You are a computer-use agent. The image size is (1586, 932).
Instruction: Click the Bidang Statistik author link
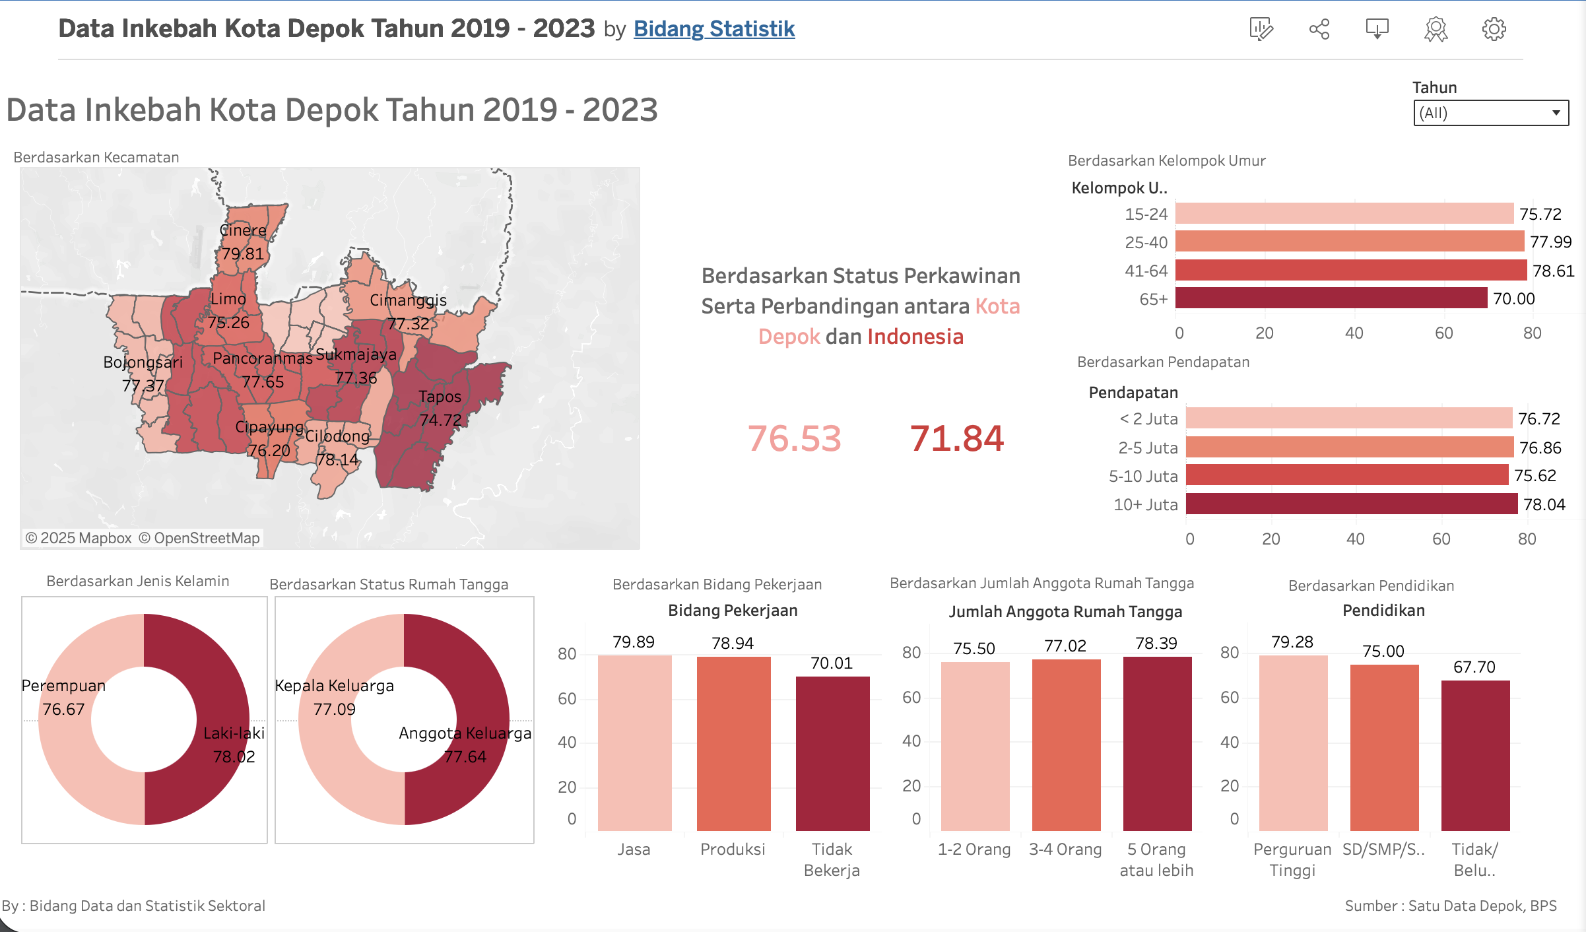click(x=713, y=29)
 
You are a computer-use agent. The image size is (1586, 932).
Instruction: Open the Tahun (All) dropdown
click(x=1490, y=113)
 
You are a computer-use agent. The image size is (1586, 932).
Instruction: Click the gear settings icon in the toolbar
click(x=1494, y=29)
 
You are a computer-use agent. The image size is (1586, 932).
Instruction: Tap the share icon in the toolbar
click(x=1319, y=29)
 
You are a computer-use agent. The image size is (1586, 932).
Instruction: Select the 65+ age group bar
click(x=1331, y=298)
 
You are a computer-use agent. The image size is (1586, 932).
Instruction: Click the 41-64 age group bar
click(x=1350, y=271)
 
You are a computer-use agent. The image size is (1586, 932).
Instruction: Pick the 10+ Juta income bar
click(x=1351, y=504)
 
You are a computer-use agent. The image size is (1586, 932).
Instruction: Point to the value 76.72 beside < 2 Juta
click(x=1538, y=418)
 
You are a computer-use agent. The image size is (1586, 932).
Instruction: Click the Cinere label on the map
click(x=243, y=230)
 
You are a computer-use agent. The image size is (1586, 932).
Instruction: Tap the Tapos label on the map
click(x=440, y=397)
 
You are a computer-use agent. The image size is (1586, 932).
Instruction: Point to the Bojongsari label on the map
click(x=143, y=362)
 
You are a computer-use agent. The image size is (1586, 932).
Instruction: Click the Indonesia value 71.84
click(x=956, y=438)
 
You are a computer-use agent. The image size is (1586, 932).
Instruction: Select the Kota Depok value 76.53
click(x=794, y=438)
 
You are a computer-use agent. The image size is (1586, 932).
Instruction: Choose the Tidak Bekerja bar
click(x=832, y=753)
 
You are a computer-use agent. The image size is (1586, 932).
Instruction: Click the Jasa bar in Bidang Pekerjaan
click(x=634, y=743)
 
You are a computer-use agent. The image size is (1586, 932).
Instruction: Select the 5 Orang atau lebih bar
click(x=1157, y=743)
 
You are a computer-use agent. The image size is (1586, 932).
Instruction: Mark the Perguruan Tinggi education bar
click(x=1293, y=743)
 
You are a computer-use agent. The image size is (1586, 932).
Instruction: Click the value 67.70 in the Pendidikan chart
click(x=1474, y=667)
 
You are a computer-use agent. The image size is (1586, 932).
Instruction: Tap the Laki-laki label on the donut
click(x=234, y=733)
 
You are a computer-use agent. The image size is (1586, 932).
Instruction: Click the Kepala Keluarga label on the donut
click(x=334, y=686)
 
